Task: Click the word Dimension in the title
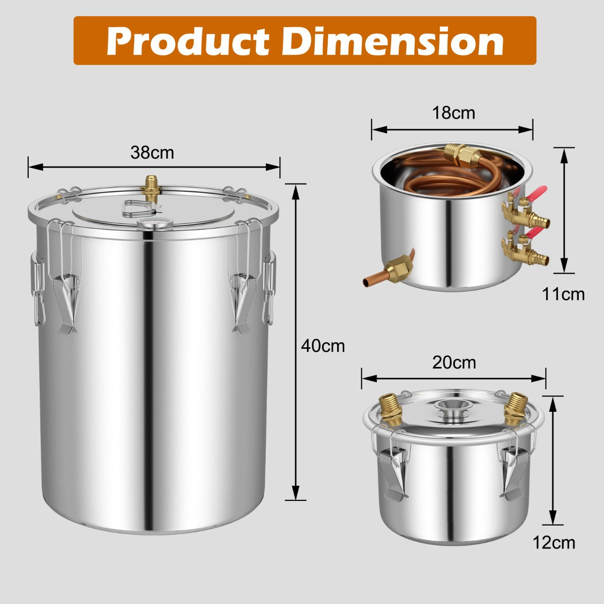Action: pos(393,41)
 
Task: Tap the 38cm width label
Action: pos(152,153)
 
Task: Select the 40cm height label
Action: pos(323,346)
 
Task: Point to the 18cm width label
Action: pos(454,113)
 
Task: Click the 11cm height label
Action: pos(563,293)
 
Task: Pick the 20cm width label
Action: pos(454,362)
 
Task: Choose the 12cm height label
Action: pos(554,543)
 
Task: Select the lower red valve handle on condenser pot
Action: pos(535,232)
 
